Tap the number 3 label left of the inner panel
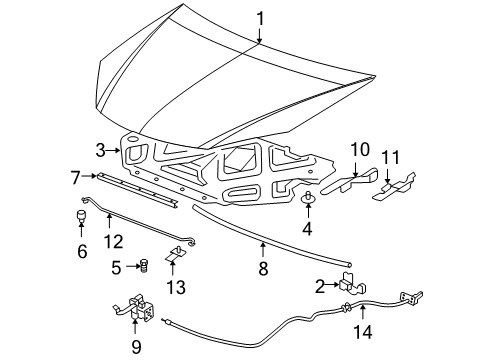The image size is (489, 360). click(101, 150)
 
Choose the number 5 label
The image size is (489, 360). click(116, 267)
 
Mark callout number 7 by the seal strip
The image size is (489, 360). click(75, 177)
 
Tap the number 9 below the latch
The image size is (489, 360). click(137, 347)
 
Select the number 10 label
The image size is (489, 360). click(358, 149)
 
